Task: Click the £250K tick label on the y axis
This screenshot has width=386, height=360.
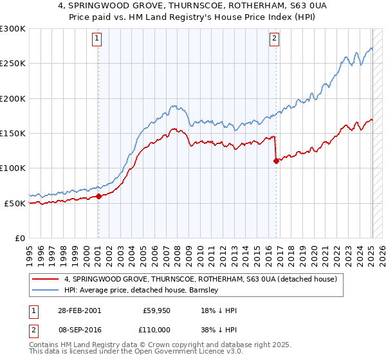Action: coord(12,64)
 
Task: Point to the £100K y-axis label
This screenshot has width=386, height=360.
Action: coord(12,168)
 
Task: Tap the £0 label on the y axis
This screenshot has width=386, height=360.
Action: coord(19,238)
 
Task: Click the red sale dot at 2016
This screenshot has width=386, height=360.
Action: coord(276,161)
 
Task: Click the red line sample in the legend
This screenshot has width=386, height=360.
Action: coord(46,280)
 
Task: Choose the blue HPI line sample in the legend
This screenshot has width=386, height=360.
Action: coord(46,291)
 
